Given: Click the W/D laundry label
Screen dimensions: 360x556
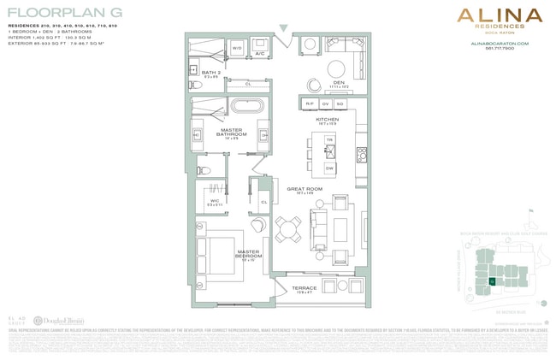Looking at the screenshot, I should (x=237, y=48).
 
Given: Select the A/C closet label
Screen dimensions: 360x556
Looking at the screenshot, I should (x=259, y=53).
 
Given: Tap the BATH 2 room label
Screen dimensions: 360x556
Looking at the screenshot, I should (x=210, y=74).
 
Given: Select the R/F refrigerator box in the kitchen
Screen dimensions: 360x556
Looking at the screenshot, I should (x=310, y=103).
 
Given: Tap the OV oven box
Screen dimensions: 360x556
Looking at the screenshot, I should (x=326, y=103).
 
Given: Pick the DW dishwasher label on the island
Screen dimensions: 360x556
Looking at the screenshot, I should (x=329, y=168).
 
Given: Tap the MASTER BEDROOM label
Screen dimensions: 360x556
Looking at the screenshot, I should (x=249, y=254).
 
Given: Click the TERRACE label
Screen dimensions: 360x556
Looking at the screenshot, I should (x=304, y=288).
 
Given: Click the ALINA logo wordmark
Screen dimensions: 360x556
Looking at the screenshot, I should (x=499, y=15).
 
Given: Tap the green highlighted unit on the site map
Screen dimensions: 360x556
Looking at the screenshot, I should (x=492, y=280).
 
